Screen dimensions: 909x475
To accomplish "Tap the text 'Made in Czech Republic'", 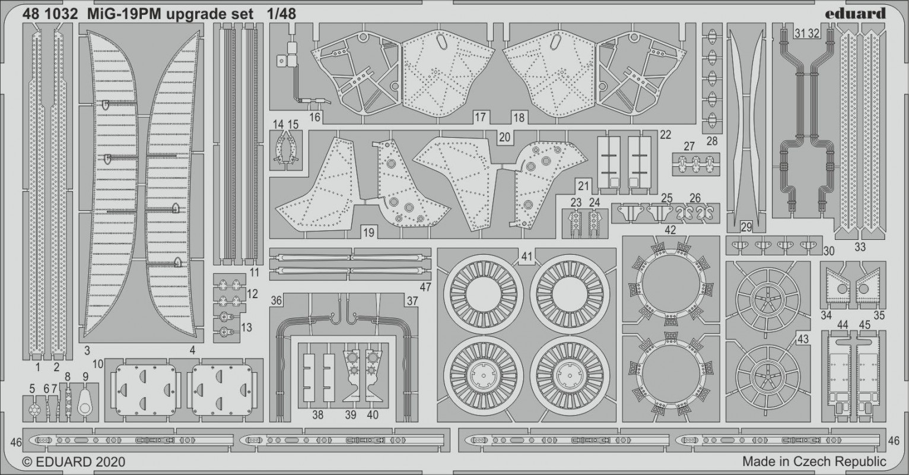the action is coord(814,461).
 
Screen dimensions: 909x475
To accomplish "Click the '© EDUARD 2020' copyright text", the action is coord(74,462).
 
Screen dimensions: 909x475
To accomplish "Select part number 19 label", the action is coord(368,233).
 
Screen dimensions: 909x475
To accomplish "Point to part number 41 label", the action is coord(527,256).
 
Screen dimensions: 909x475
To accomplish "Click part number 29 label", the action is coord(746,227).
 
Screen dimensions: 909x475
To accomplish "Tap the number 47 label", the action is coord(425,287).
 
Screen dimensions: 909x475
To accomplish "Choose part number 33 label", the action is coord(860,247).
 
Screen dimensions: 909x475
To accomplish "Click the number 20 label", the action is coord(504,137).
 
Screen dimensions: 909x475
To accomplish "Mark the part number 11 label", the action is coord(255,273).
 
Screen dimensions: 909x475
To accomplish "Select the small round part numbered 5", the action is coord(33,410).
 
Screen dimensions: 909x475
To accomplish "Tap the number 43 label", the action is coord(803,339).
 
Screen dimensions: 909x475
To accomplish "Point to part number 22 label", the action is coord(666,135).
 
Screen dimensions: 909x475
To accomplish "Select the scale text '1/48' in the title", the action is coord(282,14).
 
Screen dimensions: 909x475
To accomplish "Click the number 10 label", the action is coord(98,364).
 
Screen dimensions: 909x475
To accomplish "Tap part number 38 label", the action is coord(318,414).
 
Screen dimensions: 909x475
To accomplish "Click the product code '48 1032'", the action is coord(50,14).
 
